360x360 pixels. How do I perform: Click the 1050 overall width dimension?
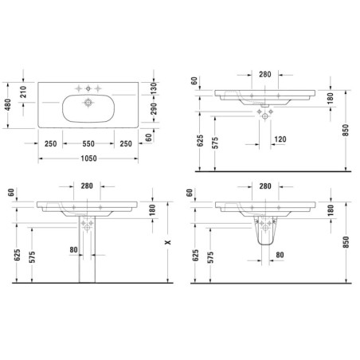[x=88, y=158]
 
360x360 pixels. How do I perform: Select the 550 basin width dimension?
[x=88, y=143]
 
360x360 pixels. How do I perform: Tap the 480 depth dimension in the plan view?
[x=8, y=105]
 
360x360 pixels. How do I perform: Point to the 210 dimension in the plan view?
[x=23, y=92]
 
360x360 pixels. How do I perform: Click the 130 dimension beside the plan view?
[x=154, y=88]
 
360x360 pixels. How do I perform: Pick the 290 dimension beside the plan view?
[x=154, y=109]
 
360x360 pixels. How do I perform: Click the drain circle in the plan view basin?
[x=88, y=102]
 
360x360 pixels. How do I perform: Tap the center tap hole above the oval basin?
[x=88, y=88]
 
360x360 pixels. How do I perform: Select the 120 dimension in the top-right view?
[x=280, y=139]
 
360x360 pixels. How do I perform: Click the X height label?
[x=168, y=242]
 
